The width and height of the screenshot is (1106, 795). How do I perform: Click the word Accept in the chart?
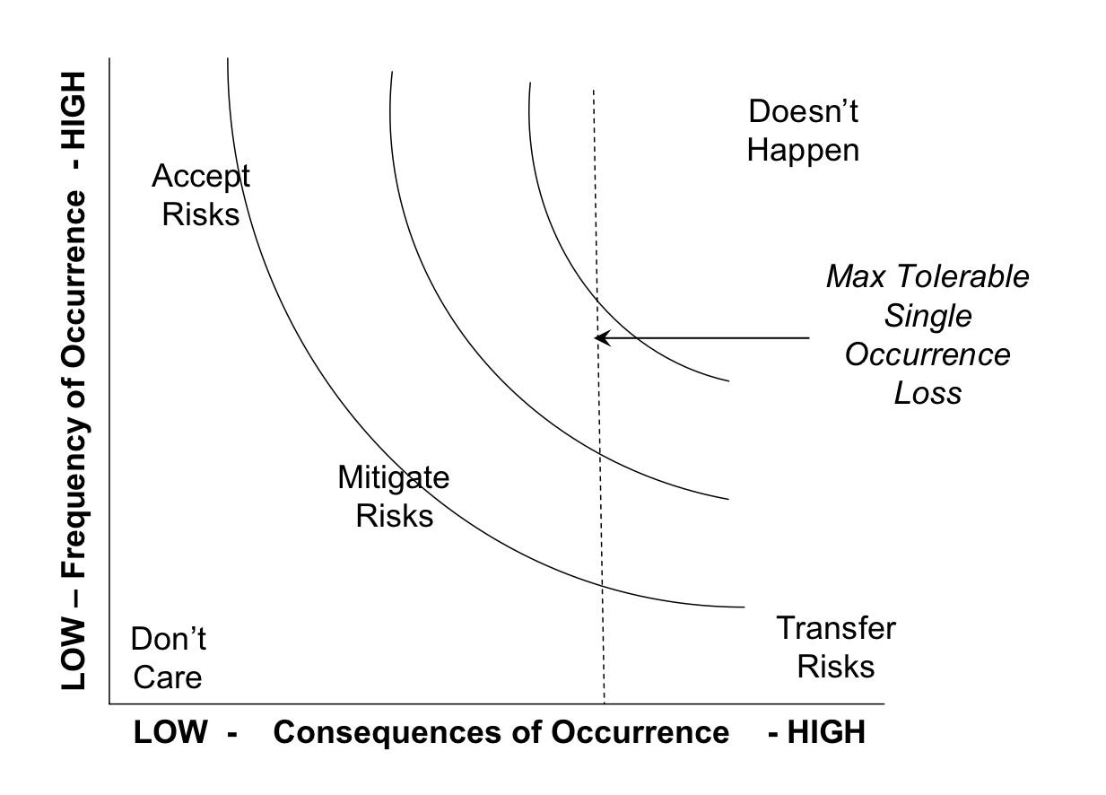[x=201, y=176]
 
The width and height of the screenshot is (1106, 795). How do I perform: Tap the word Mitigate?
[x=393, y=477]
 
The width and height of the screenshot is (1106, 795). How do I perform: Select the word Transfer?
[x=835, y=628]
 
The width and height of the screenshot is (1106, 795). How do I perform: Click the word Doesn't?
[x=803, y=112]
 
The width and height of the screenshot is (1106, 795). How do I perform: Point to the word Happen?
[x=803, y=150]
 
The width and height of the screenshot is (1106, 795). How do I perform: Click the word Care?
[x=168, y=677]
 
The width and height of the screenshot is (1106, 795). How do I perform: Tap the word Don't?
[x=169, y=639]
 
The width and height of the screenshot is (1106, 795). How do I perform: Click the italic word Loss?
[x=927, y=393]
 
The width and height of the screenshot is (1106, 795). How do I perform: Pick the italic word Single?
[x=927, y=315]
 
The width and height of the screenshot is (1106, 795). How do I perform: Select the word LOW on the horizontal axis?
[x=170, y=732]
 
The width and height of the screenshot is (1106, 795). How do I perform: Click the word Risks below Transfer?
[x=835, y=667]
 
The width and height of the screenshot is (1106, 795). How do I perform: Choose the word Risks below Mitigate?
[x=394, y=516]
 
